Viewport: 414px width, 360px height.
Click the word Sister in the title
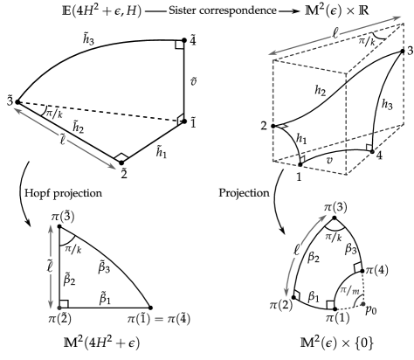coord(183,11)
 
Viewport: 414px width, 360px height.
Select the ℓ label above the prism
coord(335,34)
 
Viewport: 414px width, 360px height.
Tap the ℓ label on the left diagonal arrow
coord(63,139)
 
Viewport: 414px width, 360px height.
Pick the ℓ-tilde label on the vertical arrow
coord(51,266)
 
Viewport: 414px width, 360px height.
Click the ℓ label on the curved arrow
coord(297,251)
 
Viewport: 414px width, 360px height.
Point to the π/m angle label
coord(349,289)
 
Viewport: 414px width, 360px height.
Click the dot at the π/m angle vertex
coord(362,303)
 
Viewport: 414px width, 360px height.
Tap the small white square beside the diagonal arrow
coord(45,133)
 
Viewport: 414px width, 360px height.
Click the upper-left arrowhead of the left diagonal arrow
coord(16,109)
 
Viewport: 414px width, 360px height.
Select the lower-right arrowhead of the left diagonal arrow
coord(114,168)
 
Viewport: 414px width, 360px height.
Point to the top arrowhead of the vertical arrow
coord(51,227)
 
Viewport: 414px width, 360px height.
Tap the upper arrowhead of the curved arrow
coord(324,216)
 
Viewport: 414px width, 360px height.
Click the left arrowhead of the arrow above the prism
coord(271,55)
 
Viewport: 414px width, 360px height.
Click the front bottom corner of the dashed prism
coord(346,175)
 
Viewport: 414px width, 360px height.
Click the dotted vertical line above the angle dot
coord(362,284)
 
